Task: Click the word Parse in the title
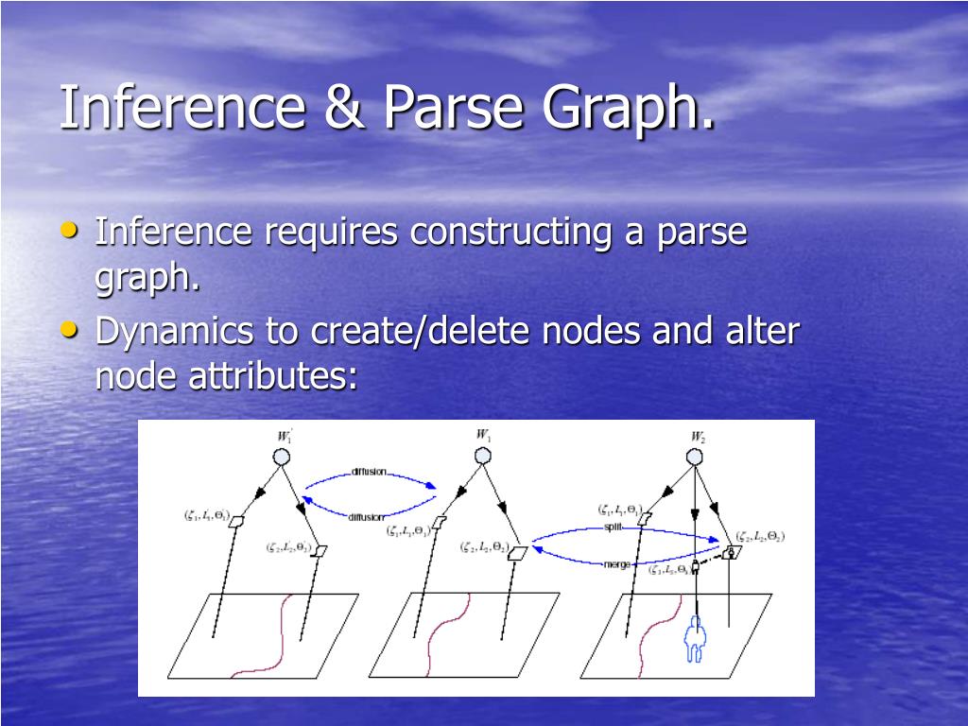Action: [x=453, y=107]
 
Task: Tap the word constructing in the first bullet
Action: [x=510, y=232]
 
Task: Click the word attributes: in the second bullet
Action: [x=294, y=376]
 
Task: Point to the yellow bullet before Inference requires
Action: [x=69, y=230]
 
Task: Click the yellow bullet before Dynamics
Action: [x=69, y=330]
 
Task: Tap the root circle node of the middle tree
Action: [x=482, y=457]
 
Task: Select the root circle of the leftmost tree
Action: [x=282, y=457]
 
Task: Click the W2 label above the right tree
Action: [x=698, y=437]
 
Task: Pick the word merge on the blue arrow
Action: [x=616, y=564]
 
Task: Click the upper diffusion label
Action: [x=369, y=472]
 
